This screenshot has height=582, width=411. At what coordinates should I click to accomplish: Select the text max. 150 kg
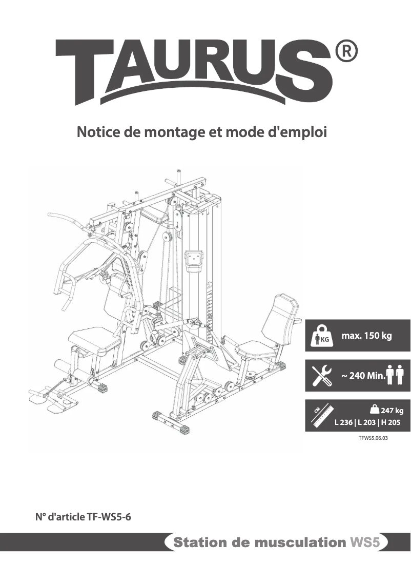tap(366, 336)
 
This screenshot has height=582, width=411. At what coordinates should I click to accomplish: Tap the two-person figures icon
tap(396, 375)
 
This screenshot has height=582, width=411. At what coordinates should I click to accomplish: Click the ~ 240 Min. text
tap(363, 376)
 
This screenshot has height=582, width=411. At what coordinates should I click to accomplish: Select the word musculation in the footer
tap(302, 542)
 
